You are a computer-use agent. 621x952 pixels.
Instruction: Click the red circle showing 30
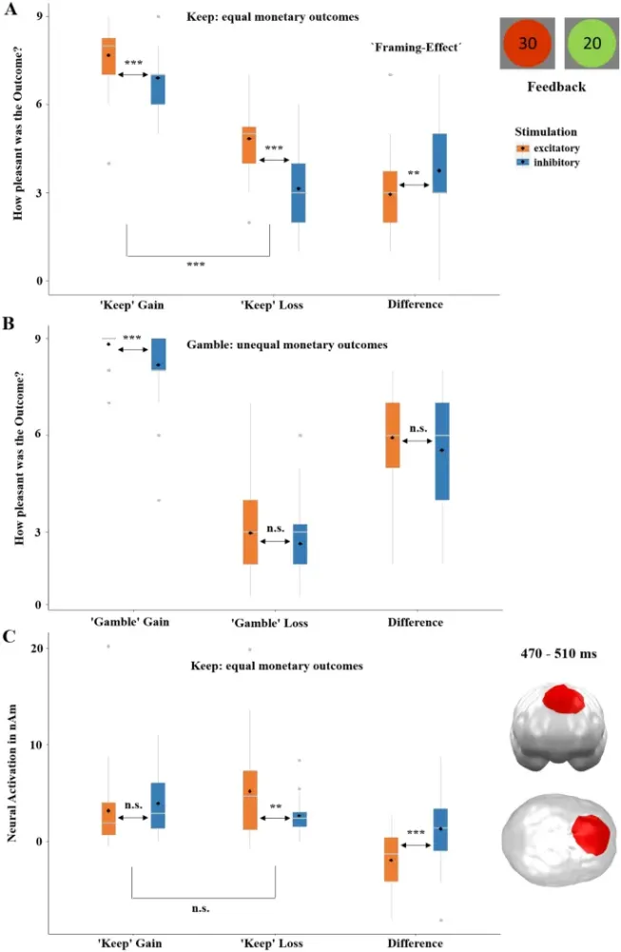tap(529, 44)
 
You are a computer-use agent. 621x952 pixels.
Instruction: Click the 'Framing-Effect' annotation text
tap(416, 46)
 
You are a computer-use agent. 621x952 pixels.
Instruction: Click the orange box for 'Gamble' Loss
tap(250, 531)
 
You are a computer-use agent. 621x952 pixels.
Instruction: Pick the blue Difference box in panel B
tap(440, 450)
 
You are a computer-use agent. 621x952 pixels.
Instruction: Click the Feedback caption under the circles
tap(556, 87)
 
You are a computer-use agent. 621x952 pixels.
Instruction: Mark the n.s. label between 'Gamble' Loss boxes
tap(276, 528)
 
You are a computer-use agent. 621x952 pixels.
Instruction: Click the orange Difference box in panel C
tap(391, 860)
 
